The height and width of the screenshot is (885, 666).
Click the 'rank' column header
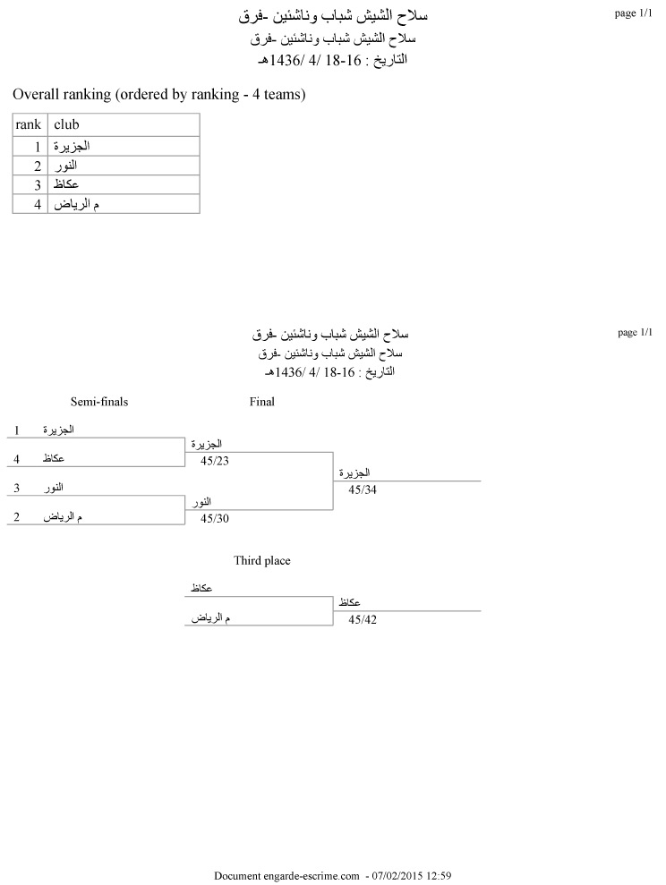tap(30, 124)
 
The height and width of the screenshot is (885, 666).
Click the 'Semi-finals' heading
tap(99, 402)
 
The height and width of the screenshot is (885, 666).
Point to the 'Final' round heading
tap(261, 402)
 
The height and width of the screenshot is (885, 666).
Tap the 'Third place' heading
tap(262, 561)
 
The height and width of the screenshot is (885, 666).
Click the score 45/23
tap(216, 461)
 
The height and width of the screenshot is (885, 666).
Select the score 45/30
tap(216, 518)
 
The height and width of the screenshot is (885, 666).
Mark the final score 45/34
tap(363, 489)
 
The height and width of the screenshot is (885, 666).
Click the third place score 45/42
tap(363, 619)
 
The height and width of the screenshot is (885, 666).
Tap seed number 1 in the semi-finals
tap(17, 430)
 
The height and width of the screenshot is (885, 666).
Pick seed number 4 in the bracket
tap(17, 459)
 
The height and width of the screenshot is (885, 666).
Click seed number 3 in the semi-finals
tap(17, 488)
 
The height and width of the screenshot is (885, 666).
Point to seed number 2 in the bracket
tap(17, 517)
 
